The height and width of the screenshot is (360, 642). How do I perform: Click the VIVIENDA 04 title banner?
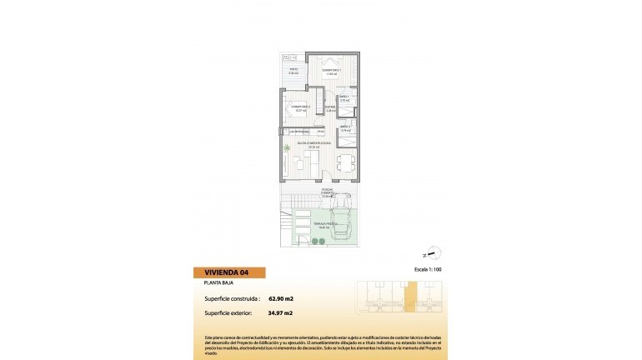(x=226, y=272)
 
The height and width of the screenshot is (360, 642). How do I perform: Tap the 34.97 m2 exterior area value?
(x=280, y=313)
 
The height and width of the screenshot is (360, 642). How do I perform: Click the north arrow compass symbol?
(x=434, y=255)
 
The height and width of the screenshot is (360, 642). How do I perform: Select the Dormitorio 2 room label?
(x=300, y=107)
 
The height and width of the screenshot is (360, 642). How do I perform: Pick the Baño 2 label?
(x=345, y=129)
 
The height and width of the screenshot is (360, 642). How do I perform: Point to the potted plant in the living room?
(x=287, y=149)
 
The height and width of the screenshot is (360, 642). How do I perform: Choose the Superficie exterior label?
(x=228, y=313)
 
